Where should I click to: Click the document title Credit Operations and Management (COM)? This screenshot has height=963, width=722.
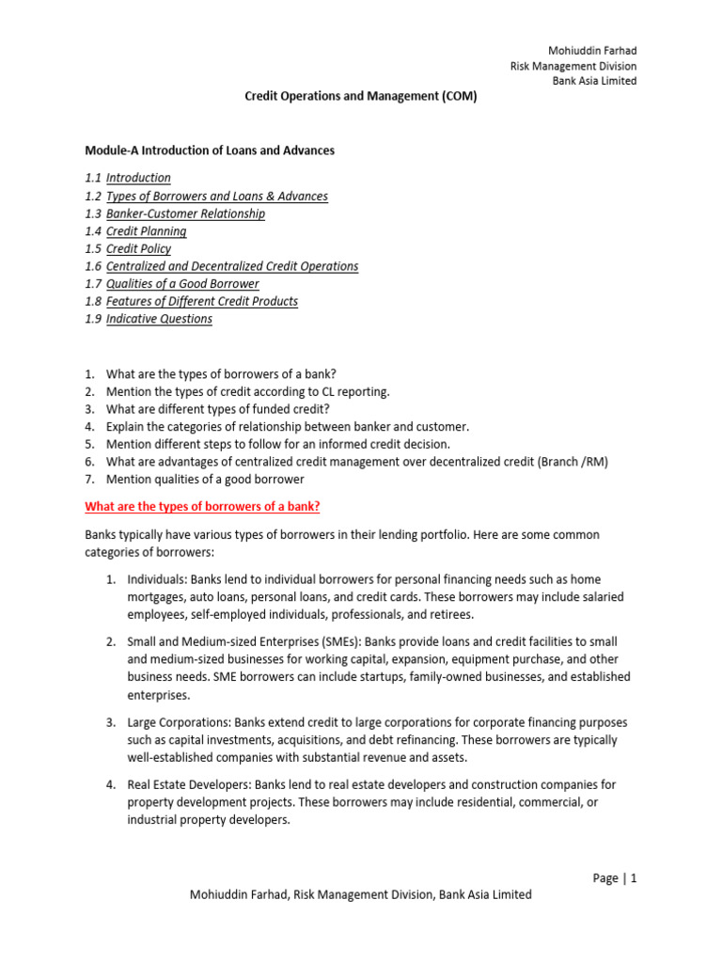pyautogui.click(x=361, y=97)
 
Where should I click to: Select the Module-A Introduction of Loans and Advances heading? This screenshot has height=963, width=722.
pyautogui.click(x=210, y=150)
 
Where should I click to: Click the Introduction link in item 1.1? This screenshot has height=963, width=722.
pyautogui.click(x=138, y=178)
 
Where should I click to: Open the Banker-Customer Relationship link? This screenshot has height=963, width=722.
pyautogui.click(x=185, y=213)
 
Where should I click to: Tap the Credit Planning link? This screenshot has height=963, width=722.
pyautogui.click(x=146, y=231)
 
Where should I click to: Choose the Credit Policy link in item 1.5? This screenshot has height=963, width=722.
pyautogui.click(x=138, y=249)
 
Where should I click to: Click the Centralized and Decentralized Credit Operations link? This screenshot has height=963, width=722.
pyautogui.click(x=232, y=266)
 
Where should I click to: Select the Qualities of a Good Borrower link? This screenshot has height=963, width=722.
pyautogui.click(x=182, y=284)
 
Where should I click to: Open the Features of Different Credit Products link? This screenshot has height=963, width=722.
pyautogui.click(x=202, y=302)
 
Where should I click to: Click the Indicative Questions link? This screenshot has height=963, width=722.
pyautogui.click(x=159, y=319)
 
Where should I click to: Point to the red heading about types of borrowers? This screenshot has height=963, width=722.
pyautogui.click(x=202, y=507)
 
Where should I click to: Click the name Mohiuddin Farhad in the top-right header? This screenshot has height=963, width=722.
pyautogui.click(x=591, y=50)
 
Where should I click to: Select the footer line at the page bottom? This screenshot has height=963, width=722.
pyautogui.click(x=361, y=895)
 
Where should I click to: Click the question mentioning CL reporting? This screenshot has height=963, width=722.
pyautogui.click(x=247, y=391)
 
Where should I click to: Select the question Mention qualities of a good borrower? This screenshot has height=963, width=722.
pyautogui.click(x=205, y=479)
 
